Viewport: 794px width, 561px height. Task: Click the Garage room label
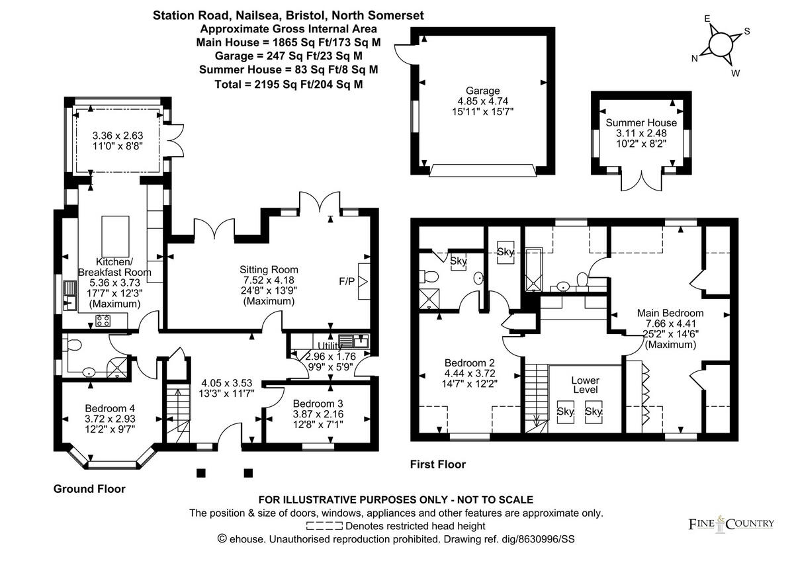click(x=482, y=91)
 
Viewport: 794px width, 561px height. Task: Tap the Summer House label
click(x=641, y=122)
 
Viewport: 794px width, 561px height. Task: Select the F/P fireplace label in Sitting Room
click(x=347, y=281)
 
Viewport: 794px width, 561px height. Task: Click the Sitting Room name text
click(x=269, y=270)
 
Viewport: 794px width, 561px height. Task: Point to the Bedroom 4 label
click(x=110, y=408)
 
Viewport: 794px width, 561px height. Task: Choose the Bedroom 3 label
click(x=318, y=404)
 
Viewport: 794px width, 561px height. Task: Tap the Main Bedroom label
click(x=670, y=313)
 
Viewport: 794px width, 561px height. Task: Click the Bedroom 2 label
click(x=469, y=363)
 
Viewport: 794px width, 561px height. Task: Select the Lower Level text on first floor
click(x=585, y=385)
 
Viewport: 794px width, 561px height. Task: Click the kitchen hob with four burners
click(x=103, y=321)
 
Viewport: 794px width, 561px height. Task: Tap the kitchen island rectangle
click(x=115, y=236)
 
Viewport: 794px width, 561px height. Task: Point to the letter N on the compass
click(x=695, y=59)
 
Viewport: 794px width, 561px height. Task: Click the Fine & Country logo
click(x=731, y=524)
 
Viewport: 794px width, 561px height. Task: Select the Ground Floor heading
click(x=89, y=489)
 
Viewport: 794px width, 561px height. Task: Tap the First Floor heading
click(x=438, y=464)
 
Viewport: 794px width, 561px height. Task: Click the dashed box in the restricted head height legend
click(x=324, y=526)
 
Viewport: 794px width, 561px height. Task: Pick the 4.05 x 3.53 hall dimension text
click(x=227, y=383)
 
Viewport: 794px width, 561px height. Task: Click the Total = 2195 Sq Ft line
click(x=288, y=84)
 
